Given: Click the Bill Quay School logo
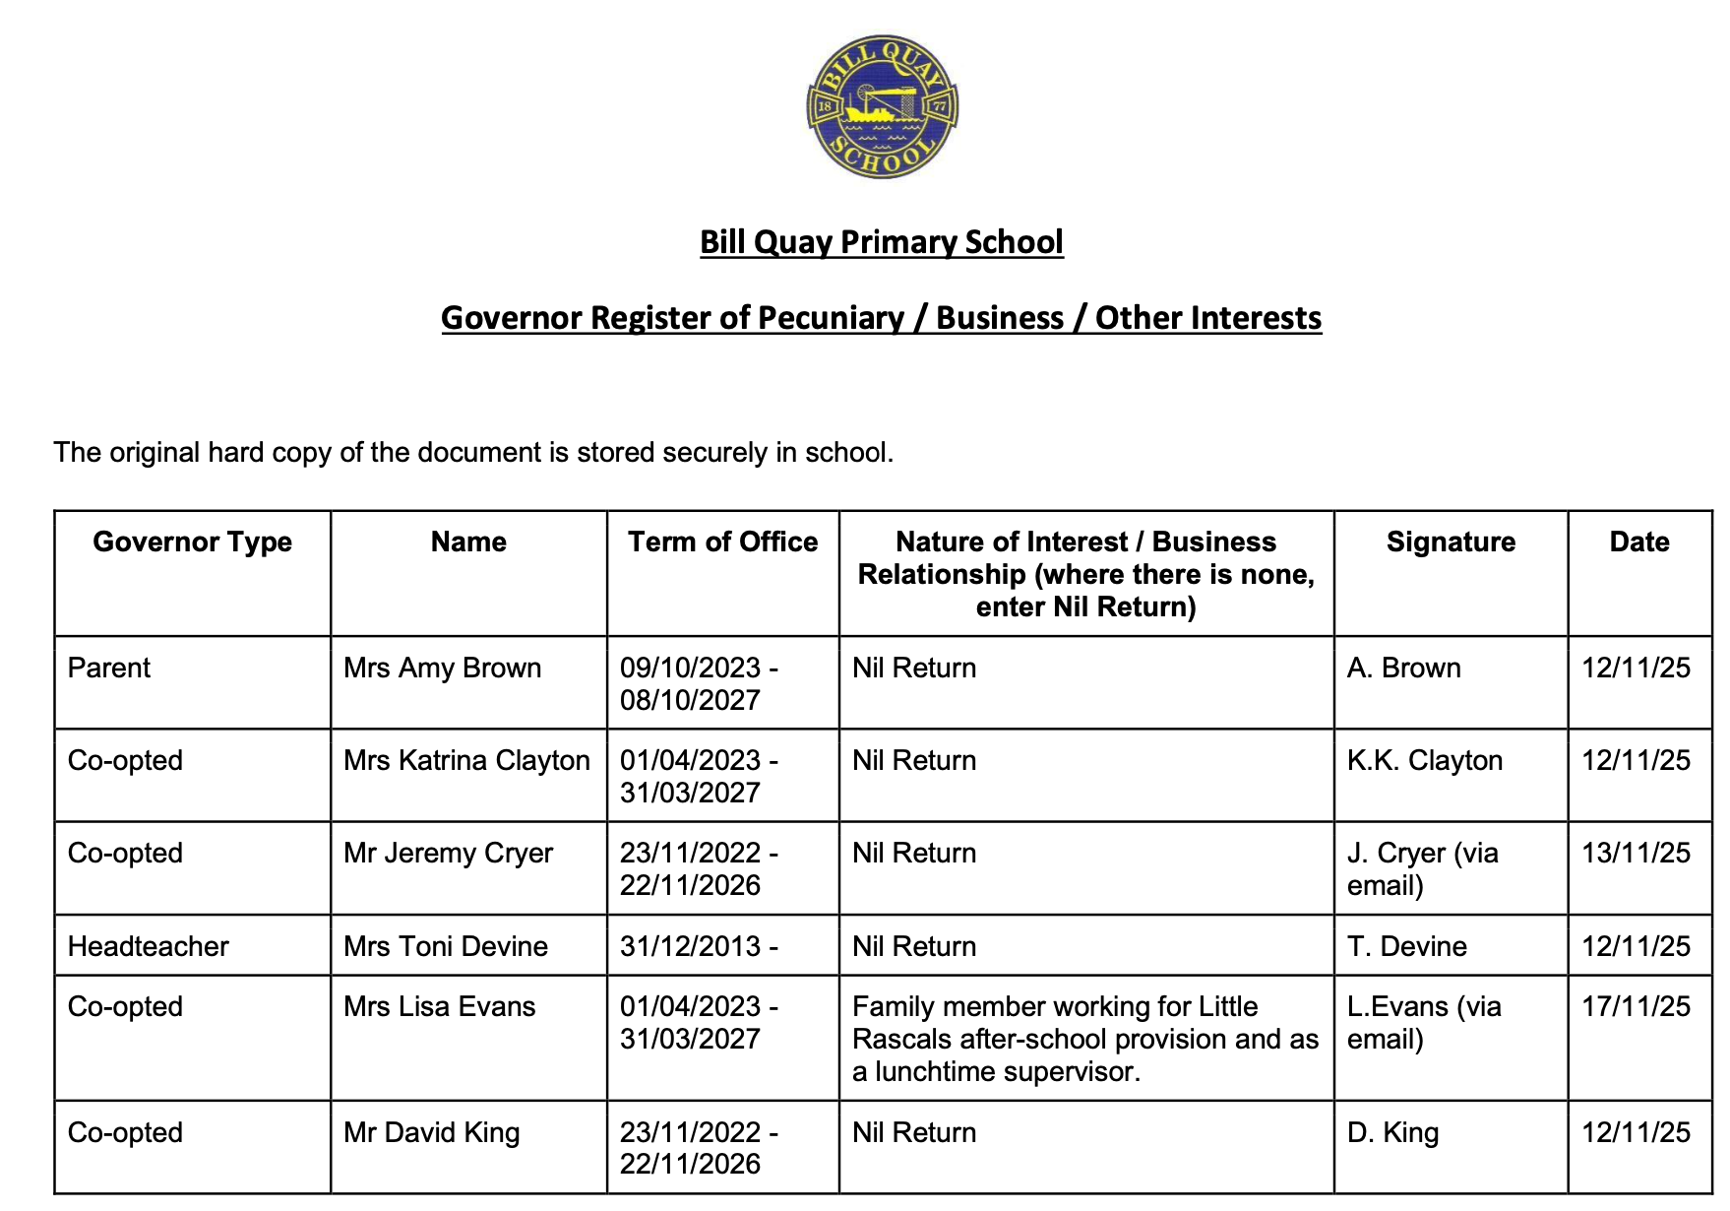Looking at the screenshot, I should click(882, 107).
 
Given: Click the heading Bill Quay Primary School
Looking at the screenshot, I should click(881, 242).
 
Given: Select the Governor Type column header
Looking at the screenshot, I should click(192, 542).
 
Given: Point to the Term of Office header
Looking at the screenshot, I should click(722, 542).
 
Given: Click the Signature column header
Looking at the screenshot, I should click(1451, 542).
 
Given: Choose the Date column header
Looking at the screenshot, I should click(1638, 542).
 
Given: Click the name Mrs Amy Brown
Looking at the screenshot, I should click(442, 669).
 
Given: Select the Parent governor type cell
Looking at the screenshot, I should click(109, 669).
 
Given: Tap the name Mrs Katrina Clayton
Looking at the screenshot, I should click(466, 761).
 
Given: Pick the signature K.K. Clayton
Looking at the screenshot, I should click(1424, 761).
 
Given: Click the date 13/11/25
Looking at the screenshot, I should click(1636, 853).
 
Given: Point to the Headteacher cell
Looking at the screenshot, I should click(148, 946).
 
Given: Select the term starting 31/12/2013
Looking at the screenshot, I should click(699, 946).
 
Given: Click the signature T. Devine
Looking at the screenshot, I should click(1406, 946).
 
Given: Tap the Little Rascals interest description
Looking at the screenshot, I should click(1084, 1039).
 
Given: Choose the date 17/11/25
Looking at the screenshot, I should click(1636, 1007).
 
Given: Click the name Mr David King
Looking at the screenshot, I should click(431, 1132).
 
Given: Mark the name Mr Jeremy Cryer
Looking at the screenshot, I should click(448, 853).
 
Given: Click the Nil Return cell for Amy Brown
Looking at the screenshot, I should click(914, 669).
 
